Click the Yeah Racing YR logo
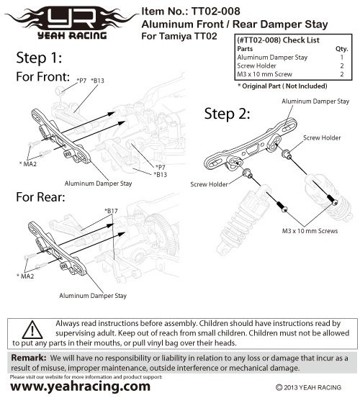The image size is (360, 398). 72,23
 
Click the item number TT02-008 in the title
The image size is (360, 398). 215,12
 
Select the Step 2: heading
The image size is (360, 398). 227,114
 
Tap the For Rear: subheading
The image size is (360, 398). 40,197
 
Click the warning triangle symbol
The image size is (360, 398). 32,330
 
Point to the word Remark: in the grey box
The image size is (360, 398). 29,358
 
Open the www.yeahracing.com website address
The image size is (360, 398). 80,386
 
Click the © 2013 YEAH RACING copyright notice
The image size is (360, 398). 308,387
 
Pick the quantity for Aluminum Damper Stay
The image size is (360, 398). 342,58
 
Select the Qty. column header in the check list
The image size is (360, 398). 341,49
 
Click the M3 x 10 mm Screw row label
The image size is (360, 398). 264,74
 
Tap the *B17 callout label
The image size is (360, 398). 111,211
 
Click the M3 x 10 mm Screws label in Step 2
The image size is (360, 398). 310,231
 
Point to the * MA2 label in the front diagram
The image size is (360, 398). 28,164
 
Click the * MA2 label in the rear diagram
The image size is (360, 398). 25,276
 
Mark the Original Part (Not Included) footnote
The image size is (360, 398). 282,86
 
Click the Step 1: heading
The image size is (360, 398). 39,58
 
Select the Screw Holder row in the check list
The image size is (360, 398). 290,66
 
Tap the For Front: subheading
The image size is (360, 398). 43,77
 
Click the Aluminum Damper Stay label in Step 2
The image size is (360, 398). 315,101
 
